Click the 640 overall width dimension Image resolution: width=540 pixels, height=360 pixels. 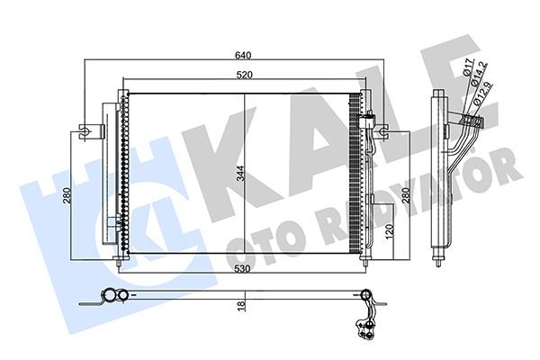243,55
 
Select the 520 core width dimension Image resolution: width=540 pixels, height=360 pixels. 244,75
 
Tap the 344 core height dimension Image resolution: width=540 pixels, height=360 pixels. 240,174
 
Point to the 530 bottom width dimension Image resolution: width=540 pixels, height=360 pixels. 242,269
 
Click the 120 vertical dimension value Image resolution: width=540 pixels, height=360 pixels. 389,230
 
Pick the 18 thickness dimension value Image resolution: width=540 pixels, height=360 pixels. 241,306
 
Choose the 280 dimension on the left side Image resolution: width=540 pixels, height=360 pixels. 67,195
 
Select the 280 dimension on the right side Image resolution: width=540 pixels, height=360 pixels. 406,195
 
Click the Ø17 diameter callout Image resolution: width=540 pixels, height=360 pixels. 467,67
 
